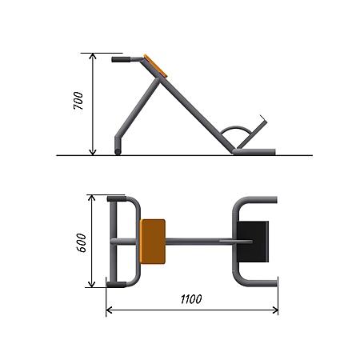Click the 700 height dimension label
[78, 101]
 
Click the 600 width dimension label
[81, 242]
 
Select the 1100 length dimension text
[191, 299]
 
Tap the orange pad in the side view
[155, 66]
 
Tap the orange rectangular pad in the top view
[153, 242]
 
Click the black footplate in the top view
[253, 242]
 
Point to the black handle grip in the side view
[121, 59]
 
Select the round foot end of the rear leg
[118, 152]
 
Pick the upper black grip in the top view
[117, 198]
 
